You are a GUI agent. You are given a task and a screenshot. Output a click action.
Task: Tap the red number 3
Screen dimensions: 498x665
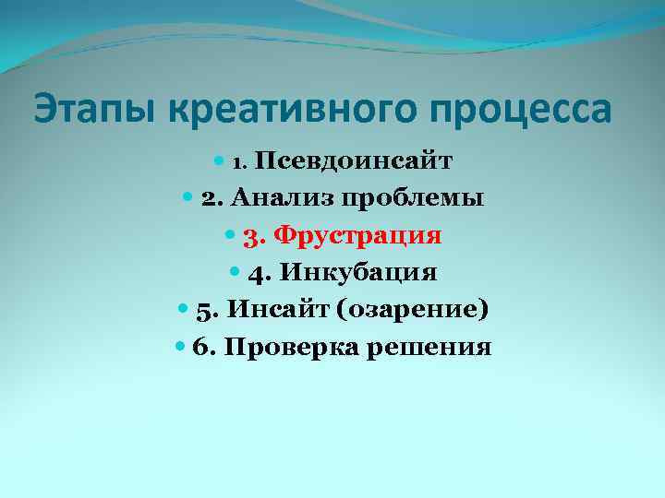250,237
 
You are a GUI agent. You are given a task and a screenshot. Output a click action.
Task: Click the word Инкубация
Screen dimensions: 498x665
357,273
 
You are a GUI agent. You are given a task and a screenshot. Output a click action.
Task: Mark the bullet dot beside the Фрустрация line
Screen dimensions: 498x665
231,236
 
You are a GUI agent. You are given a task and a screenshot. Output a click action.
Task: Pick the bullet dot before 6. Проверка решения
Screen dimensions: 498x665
179,348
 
